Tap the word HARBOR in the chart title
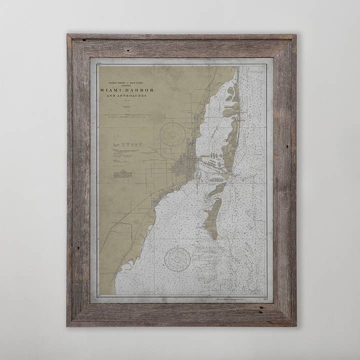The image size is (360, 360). [140, 90]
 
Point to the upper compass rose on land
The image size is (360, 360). [173, 134]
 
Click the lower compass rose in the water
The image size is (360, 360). [177, 259]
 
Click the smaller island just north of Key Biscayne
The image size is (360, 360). [217, 189]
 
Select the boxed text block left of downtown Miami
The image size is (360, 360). [122, 174]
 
